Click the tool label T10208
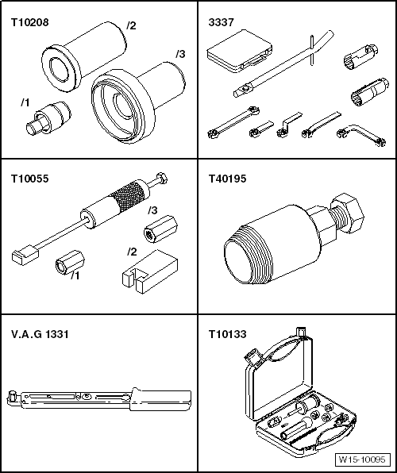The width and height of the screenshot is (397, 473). tap(29, 23)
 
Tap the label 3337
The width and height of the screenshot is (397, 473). tap(221, 23)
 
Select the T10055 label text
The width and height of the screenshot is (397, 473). tap(29, 179)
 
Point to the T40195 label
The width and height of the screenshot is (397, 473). tap(227, 179)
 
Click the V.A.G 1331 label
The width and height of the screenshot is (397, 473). tap(40, 334)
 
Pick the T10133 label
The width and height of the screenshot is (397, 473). tap(227, 334)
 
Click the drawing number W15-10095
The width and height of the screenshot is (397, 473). tap(362, 460)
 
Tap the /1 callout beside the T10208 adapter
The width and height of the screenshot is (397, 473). tap(25, 102)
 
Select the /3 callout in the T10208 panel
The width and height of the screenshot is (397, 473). tap(180, 54)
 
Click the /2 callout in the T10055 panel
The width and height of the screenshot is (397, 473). tap(132, 252)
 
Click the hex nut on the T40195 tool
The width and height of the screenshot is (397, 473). tap(348, 213)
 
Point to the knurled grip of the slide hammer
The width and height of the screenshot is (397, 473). tap(129, 196)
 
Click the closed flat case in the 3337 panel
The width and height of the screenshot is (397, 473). tap(240, 52)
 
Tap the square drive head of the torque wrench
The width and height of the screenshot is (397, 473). tap(13, 395)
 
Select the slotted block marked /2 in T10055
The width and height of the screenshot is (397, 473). tap(150, 271)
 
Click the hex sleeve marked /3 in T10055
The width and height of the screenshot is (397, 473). tap(160, 229)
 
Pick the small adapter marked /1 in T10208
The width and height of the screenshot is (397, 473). tap(48, 118)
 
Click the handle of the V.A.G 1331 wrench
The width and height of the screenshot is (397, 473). tap(160, 399)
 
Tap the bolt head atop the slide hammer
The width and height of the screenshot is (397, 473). tap(161, 178)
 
